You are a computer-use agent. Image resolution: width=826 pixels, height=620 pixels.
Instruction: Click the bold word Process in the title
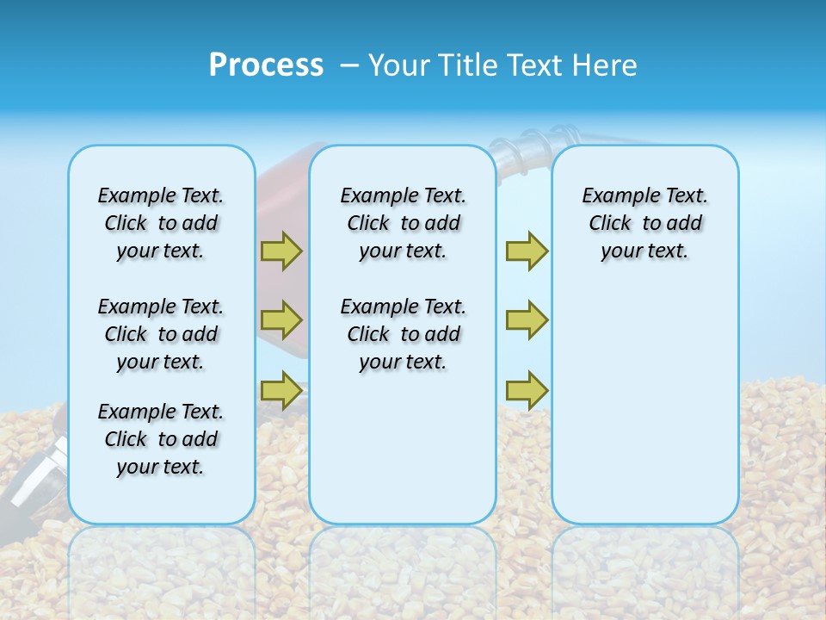click(266, 65)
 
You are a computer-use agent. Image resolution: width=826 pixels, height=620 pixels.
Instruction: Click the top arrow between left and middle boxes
click(281, 251)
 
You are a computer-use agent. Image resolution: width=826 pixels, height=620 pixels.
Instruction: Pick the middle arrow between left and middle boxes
click(281, 320)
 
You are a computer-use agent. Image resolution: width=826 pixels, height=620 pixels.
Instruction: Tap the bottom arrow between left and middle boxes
click(281, 390)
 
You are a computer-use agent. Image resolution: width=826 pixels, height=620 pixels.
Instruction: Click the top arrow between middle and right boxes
click(527, 251)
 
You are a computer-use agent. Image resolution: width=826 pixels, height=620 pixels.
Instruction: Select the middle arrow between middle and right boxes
click(527, 320)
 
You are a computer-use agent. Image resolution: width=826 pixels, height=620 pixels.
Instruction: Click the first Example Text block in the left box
click(161, 223)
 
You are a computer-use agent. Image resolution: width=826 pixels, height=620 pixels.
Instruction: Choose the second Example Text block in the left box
click(161, 334)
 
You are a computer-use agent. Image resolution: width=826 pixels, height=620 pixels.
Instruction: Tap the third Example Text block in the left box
click(161, 439)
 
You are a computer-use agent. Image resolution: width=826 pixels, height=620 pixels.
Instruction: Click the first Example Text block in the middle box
click(403, 223)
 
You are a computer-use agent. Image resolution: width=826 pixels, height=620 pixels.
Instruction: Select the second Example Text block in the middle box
click(403, 334)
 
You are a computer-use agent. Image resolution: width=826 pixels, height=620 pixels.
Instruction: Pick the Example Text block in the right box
click(644, 223)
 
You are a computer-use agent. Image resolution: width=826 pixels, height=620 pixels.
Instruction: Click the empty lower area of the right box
click(644, 413)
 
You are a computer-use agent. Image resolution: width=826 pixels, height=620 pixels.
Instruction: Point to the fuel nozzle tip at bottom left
click(30, 482)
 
